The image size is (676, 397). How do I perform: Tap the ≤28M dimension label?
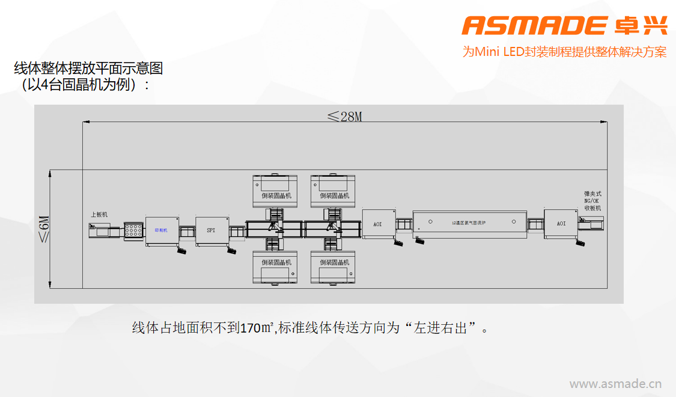(344, 116)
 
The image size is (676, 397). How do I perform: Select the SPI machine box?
(211, 230)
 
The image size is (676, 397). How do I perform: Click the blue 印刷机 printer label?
(161, 230)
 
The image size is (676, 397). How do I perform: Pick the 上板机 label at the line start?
(99, 214)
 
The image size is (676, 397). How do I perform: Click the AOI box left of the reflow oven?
(378, 224)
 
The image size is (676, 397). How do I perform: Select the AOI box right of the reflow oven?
(561, 223)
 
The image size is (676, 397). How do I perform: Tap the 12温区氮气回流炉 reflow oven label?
(469, 223)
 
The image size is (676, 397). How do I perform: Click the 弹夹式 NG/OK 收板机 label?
(592, 201)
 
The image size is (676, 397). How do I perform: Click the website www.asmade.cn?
(615, 383)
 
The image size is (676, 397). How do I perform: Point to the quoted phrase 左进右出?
(443, 328)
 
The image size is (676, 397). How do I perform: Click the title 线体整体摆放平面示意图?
(88, 68)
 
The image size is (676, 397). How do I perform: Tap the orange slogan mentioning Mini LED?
(564, 52)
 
